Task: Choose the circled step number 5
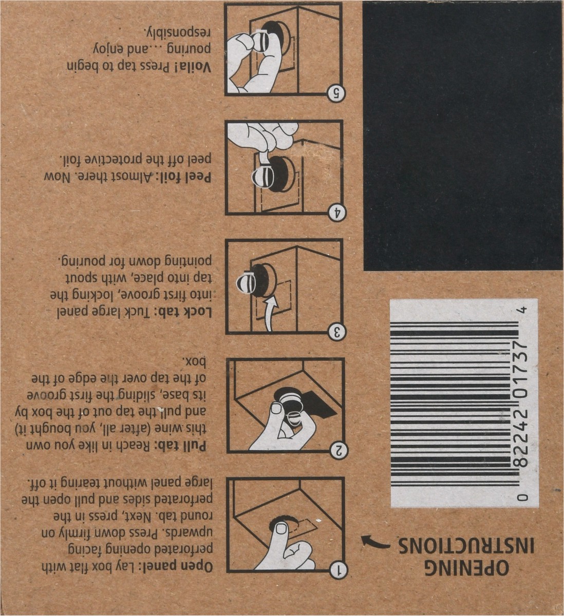(337, 93)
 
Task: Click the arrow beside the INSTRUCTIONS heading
(374, 543)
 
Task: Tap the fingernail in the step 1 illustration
(280, 529)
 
